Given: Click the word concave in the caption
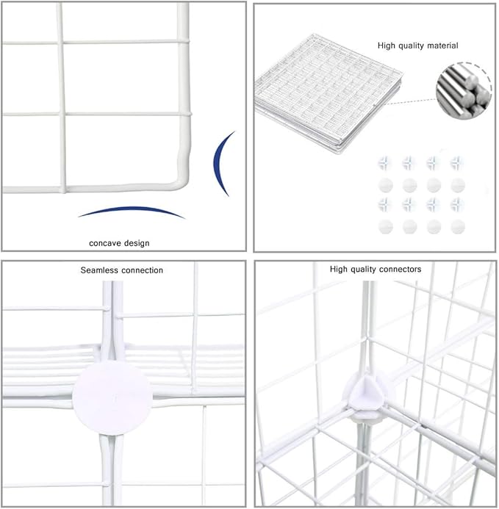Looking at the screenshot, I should click(106, 242).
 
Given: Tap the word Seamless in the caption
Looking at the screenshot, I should click(98, 270).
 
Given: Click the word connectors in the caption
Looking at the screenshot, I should click(400, 270).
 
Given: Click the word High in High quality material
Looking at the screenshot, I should click(387, 46).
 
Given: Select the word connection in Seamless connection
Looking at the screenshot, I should click(143, 270).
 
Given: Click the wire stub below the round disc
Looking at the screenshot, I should click(108, 448).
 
